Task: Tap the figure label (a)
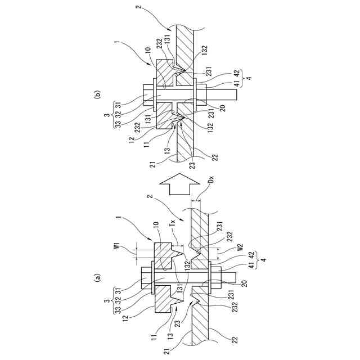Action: pyautogui.click(x=96, y=277)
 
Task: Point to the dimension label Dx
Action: pyautogui.click(x=211, y=183)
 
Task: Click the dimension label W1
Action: pyautogui.click(x=117, y=245)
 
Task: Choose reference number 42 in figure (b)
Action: pyautogui.click(x=237, y=73)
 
